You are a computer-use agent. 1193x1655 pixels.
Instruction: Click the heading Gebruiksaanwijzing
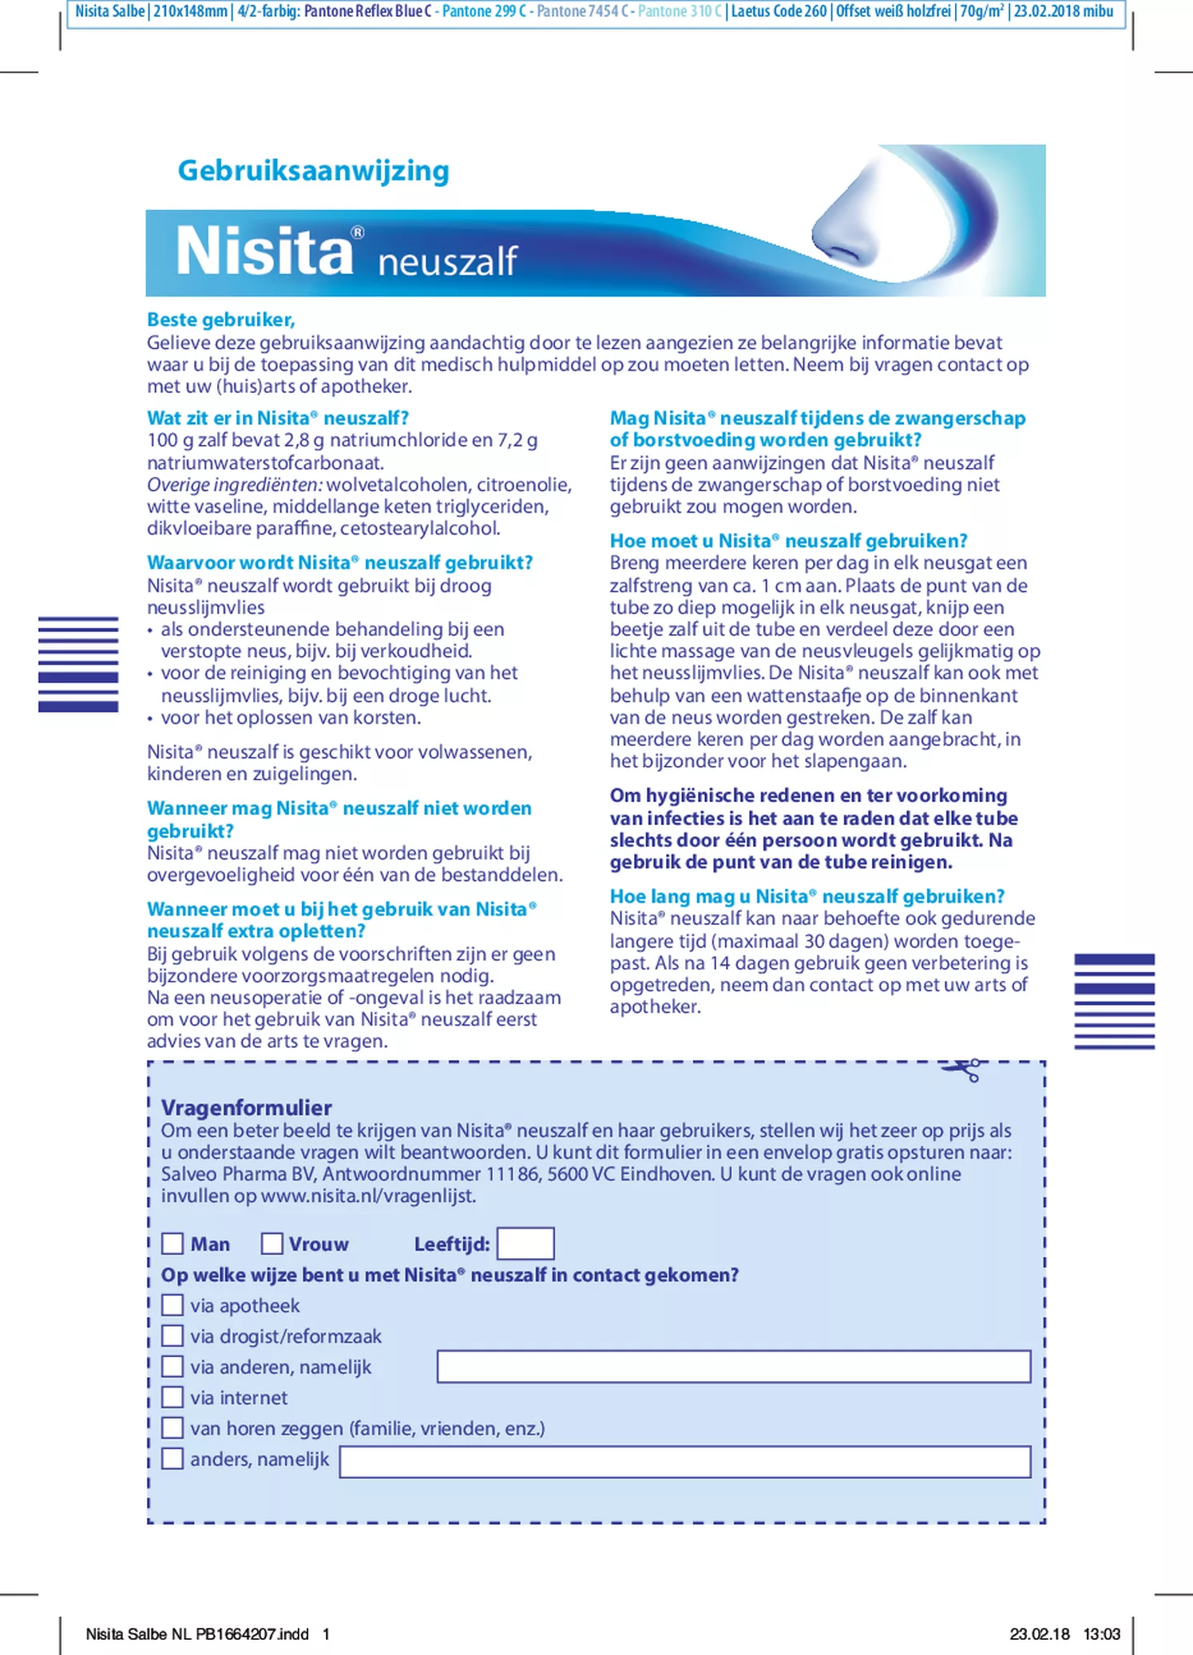(x=313, y=171)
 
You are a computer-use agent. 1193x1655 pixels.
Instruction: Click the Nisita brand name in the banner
(x=264, y=252)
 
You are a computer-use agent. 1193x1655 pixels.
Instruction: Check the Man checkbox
(x=172, y=1244)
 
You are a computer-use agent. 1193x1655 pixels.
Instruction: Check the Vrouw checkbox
(x=272, y=1244)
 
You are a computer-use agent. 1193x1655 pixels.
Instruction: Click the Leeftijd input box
(x=525, y=1244)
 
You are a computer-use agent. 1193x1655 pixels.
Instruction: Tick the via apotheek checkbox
(x=172, y=1305)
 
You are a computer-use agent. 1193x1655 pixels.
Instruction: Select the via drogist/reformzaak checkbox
(x=172, y=1336)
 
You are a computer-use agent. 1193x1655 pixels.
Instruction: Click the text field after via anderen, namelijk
(x=733, y=1367)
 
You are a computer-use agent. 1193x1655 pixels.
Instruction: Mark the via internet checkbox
(x=172, y=1397)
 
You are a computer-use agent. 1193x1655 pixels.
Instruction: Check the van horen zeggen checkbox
(x=172, y=1427)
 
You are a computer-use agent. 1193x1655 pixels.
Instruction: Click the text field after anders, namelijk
(x=684, y=1462)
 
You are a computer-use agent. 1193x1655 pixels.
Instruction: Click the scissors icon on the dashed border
(x=962, y=1070)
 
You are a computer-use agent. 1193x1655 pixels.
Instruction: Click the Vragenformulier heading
(x=246, y=1108)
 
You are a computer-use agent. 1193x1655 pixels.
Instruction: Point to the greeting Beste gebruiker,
(x=221, y=320)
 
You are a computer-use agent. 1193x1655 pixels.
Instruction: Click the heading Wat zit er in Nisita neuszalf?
(x=277, y=419)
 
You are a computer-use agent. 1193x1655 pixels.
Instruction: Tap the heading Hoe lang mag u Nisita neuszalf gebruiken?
(x=807, y=896)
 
